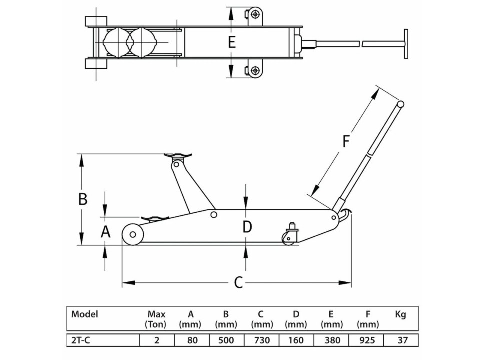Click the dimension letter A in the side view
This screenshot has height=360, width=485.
[105, 231]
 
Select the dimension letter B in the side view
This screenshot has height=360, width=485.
[83, 199]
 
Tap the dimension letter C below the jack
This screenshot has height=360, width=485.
[238, 283]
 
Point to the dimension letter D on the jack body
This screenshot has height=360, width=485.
[247, 227]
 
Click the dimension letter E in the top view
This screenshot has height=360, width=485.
[231, 42]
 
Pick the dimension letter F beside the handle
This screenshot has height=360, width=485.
[346, 142]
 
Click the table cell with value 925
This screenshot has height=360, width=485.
[367, 340]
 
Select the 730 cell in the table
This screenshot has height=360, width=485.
[261, 340]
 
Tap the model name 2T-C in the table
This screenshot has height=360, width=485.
[82, 340]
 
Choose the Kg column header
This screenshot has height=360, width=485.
[400, 315]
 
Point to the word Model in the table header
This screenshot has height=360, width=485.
[85, 314]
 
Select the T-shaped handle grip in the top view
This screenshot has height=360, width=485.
[406, 44]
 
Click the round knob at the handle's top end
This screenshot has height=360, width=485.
[400, 104]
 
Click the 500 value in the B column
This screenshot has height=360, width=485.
[226, 340]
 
